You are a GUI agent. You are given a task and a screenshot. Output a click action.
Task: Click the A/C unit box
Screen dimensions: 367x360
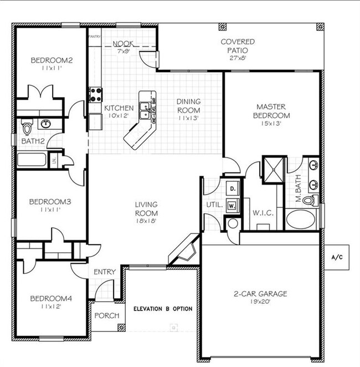pos(337,257)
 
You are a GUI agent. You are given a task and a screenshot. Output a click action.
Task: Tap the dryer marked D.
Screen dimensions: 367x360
pos(232,189)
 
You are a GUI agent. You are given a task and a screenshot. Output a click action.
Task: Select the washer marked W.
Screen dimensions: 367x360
pos(232,205)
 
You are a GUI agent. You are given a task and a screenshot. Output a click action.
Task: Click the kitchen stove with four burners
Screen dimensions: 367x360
pos(95,94)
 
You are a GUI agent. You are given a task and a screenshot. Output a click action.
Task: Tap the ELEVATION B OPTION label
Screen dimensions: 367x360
pos(163,309)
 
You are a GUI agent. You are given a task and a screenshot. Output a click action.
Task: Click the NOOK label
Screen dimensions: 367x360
pos(122,44)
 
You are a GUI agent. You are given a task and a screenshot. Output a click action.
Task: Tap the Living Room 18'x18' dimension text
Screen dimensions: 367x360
pos(146,220)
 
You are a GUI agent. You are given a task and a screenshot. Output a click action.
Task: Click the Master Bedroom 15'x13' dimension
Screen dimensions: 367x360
pos(272,124)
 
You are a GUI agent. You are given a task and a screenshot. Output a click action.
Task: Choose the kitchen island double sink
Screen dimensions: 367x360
pos(146,108)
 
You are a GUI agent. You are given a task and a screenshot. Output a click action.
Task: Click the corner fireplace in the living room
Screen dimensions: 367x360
pos(184,249)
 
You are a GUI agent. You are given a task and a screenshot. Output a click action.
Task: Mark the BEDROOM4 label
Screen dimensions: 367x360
pos(51,298)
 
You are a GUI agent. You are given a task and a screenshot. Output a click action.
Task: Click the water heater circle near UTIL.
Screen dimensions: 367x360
pos(233,223)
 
